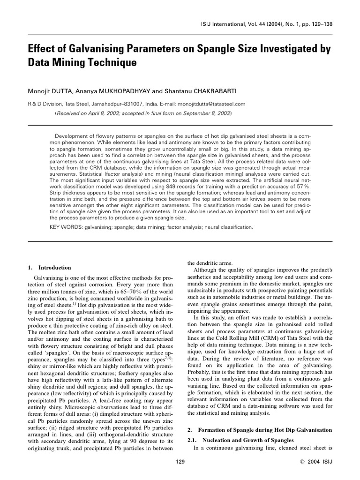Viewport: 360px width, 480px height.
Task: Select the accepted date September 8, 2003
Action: pos(205,113)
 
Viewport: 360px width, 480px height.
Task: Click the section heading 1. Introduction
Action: pos(49,268)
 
